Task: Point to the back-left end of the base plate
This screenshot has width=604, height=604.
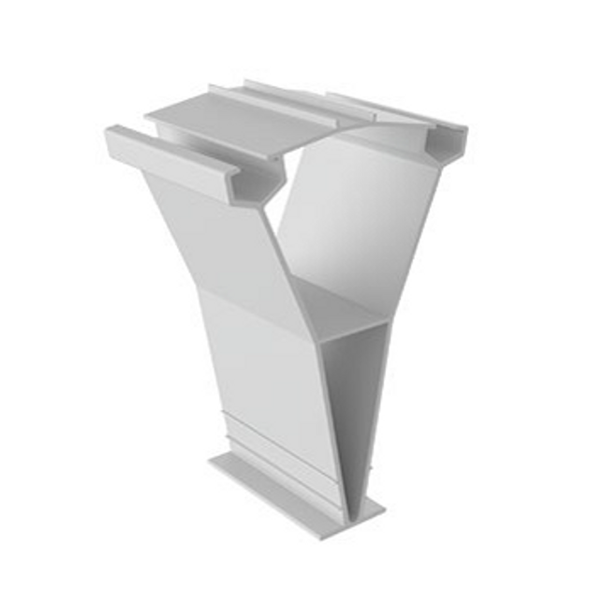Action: (x=214, y=462)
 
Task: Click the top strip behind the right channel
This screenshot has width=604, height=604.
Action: (x=393, y=110)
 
